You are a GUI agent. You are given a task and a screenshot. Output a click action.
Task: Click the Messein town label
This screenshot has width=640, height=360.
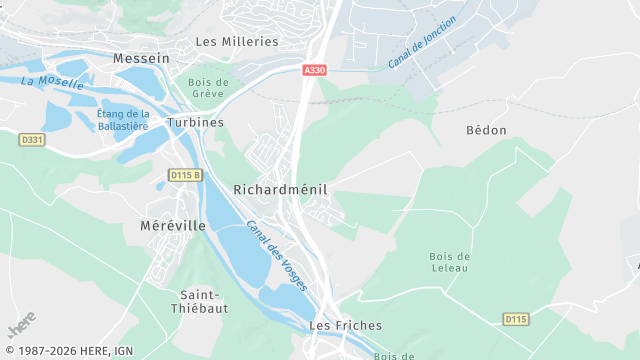pyautogui.click(x=141, y=58)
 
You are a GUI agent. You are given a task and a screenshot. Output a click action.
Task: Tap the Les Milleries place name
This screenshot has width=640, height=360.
pyautogui.click(x=237, y=41)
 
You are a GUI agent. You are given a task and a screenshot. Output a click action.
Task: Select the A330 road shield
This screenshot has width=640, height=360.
pyautogui.click(x=314, y=70)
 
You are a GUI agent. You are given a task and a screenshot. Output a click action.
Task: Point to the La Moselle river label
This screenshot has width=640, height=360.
pyautogui.click(x=51, y=82)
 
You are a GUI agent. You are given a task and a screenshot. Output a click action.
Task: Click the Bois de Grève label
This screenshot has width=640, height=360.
pyautogui.click(x=208, y=89)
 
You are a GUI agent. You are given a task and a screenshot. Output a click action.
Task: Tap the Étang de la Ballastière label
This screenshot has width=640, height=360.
pyautogui.click(x=123, y=120)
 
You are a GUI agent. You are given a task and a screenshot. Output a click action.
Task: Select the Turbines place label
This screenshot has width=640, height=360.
pyautogui.click(x=196, y=122)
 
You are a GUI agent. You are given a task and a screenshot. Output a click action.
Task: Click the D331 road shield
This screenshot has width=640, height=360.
pyautogui.click(x=32, y=140)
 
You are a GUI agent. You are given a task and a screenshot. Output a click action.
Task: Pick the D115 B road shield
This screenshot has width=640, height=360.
pyautogui.click(x=184, y=175)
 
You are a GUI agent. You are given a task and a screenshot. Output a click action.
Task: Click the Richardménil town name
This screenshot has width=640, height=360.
pyautogui.click(x=280, y=189)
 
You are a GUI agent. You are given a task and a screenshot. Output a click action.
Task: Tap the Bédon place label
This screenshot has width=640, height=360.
pyautogui.click(x=486, y=130)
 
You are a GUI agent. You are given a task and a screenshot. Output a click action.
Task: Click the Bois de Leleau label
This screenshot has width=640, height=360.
pyautogui.click(x=449, y=263)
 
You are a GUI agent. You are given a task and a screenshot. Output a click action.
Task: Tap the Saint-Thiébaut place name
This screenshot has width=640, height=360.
pyautogui.click(x=204, y=301)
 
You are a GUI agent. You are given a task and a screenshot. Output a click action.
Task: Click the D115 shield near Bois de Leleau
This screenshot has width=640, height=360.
pyautogui.click(x=515, y=319)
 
